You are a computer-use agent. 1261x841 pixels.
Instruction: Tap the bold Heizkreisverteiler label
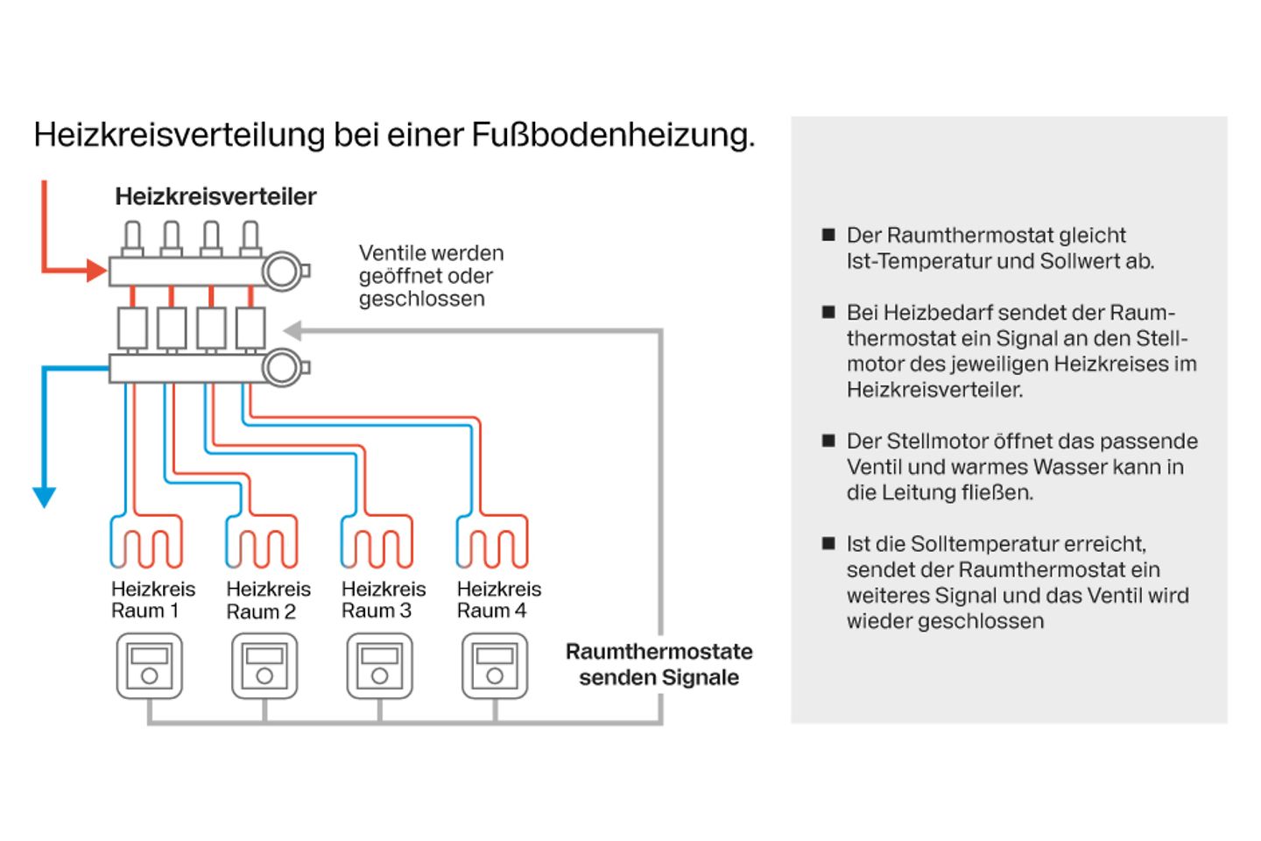215,196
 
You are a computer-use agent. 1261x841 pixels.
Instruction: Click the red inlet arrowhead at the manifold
97,271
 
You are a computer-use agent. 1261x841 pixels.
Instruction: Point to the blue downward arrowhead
44,497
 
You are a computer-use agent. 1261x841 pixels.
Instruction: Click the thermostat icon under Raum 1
150,666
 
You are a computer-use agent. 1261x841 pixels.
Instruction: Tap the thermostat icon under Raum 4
495,666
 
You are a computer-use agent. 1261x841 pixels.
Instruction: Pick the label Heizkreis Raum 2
268,600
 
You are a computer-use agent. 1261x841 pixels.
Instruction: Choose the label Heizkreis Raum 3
384,600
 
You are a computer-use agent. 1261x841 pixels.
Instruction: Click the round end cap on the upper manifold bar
282,271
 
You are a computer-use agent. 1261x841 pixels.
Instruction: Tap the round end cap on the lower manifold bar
282,367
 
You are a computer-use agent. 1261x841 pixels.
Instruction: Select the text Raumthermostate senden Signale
659,664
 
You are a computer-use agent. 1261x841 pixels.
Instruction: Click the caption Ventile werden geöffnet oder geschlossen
431,276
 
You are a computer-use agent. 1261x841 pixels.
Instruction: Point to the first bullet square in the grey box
828,235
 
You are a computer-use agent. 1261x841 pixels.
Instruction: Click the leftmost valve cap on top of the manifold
132,237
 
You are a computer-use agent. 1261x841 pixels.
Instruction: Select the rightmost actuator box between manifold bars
250,329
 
